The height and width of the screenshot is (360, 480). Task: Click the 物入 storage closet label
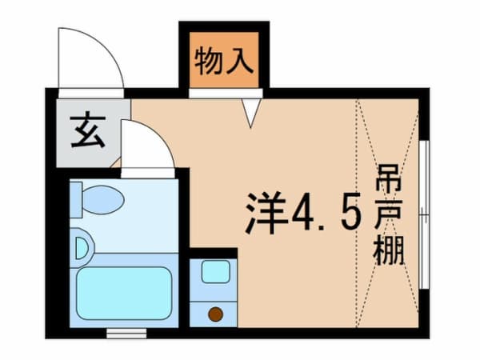[224, 60]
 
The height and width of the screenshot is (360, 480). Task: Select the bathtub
[124, 290]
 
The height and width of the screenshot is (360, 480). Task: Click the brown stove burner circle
[214, 314]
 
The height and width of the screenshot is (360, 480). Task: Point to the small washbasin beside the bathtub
[79, 249]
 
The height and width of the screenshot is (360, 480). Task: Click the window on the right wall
[424, 214]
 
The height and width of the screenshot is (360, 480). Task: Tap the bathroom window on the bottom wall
[126, 332]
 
